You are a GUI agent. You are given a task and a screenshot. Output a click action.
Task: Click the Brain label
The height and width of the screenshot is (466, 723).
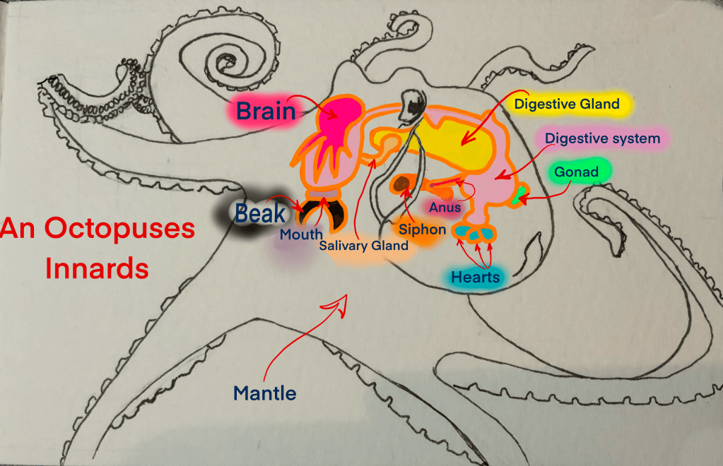click(x=266, y=110)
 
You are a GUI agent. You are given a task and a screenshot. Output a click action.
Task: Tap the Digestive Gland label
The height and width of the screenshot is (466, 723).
click(x=567, y=104)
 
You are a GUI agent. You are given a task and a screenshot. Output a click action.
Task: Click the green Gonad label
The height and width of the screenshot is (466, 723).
click(x=576, y=172)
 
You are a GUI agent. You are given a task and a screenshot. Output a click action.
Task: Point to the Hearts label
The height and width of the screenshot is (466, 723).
click(x=475, y=277)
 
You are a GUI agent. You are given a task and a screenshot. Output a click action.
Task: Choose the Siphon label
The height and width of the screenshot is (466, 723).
click(x=422, y=229)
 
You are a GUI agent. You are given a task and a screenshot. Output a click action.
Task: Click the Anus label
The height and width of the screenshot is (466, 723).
click(x=445, y=208)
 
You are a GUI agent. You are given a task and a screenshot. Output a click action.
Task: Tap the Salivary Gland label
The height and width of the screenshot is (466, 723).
click(x=363, y=246)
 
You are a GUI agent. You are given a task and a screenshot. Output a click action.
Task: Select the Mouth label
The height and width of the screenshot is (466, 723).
click(x=300, y=234)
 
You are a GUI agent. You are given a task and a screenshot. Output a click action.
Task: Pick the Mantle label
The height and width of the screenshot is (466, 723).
click(x=264, y=393)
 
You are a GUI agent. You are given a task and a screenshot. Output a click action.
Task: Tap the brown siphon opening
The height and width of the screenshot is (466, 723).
click(x=402, y=185)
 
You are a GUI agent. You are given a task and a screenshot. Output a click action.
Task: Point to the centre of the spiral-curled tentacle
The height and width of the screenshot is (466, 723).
click(x=228, y=60)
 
